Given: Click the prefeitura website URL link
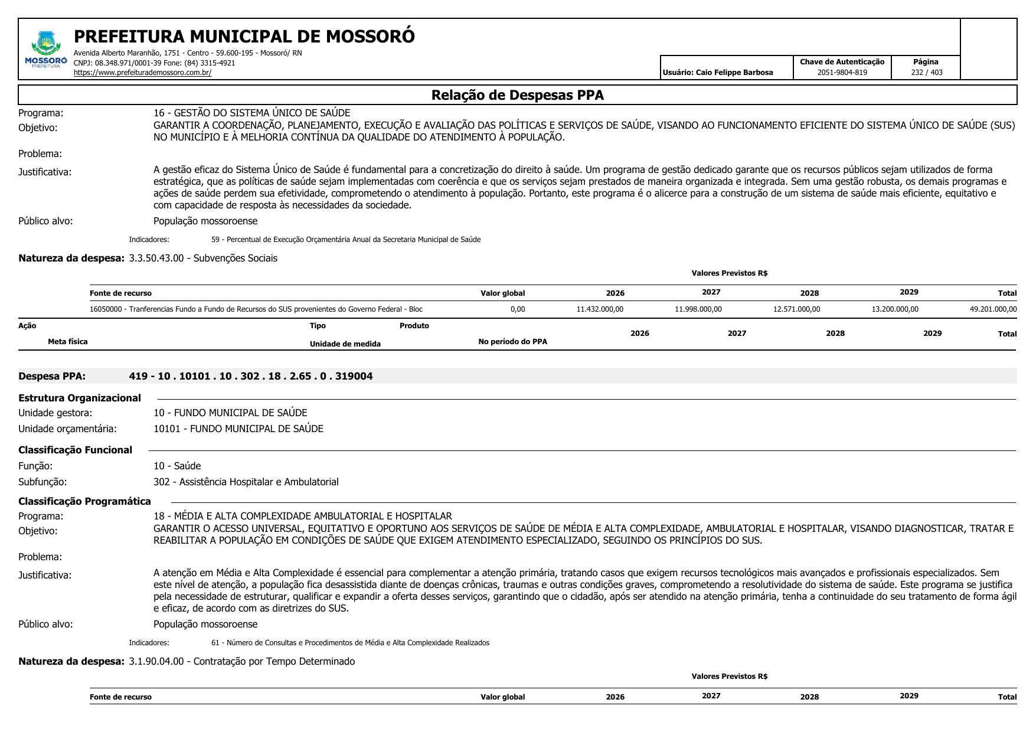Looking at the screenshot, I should [142, 73].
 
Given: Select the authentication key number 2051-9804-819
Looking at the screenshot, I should [842, 73].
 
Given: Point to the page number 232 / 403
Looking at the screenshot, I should [926, 73].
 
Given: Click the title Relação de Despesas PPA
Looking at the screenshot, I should [517, 95].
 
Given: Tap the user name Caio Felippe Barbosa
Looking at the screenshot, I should [734, 73].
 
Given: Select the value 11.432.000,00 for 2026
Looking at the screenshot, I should [600, 309].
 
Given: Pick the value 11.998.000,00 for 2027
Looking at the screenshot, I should [698, 309].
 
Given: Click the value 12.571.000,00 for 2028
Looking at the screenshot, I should [796, 309].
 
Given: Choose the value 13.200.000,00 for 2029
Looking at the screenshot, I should [895, 309].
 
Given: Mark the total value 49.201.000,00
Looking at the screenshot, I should [993, 309].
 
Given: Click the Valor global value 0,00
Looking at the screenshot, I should [518, 309].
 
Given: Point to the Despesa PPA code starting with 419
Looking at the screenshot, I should [251, 377].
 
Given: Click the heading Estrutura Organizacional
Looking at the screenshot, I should [80, 398].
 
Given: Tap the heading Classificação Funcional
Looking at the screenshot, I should [76, 450].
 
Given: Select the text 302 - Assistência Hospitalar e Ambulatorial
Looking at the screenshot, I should [246, 482].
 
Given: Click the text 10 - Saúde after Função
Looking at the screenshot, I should [177, 466].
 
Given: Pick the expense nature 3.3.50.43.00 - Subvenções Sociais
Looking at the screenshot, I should [202, 259].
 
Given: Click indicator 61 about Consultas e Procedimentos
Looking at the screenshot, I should [350, 643].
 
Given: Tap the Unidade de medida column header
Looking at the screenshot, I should [345, 344].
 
